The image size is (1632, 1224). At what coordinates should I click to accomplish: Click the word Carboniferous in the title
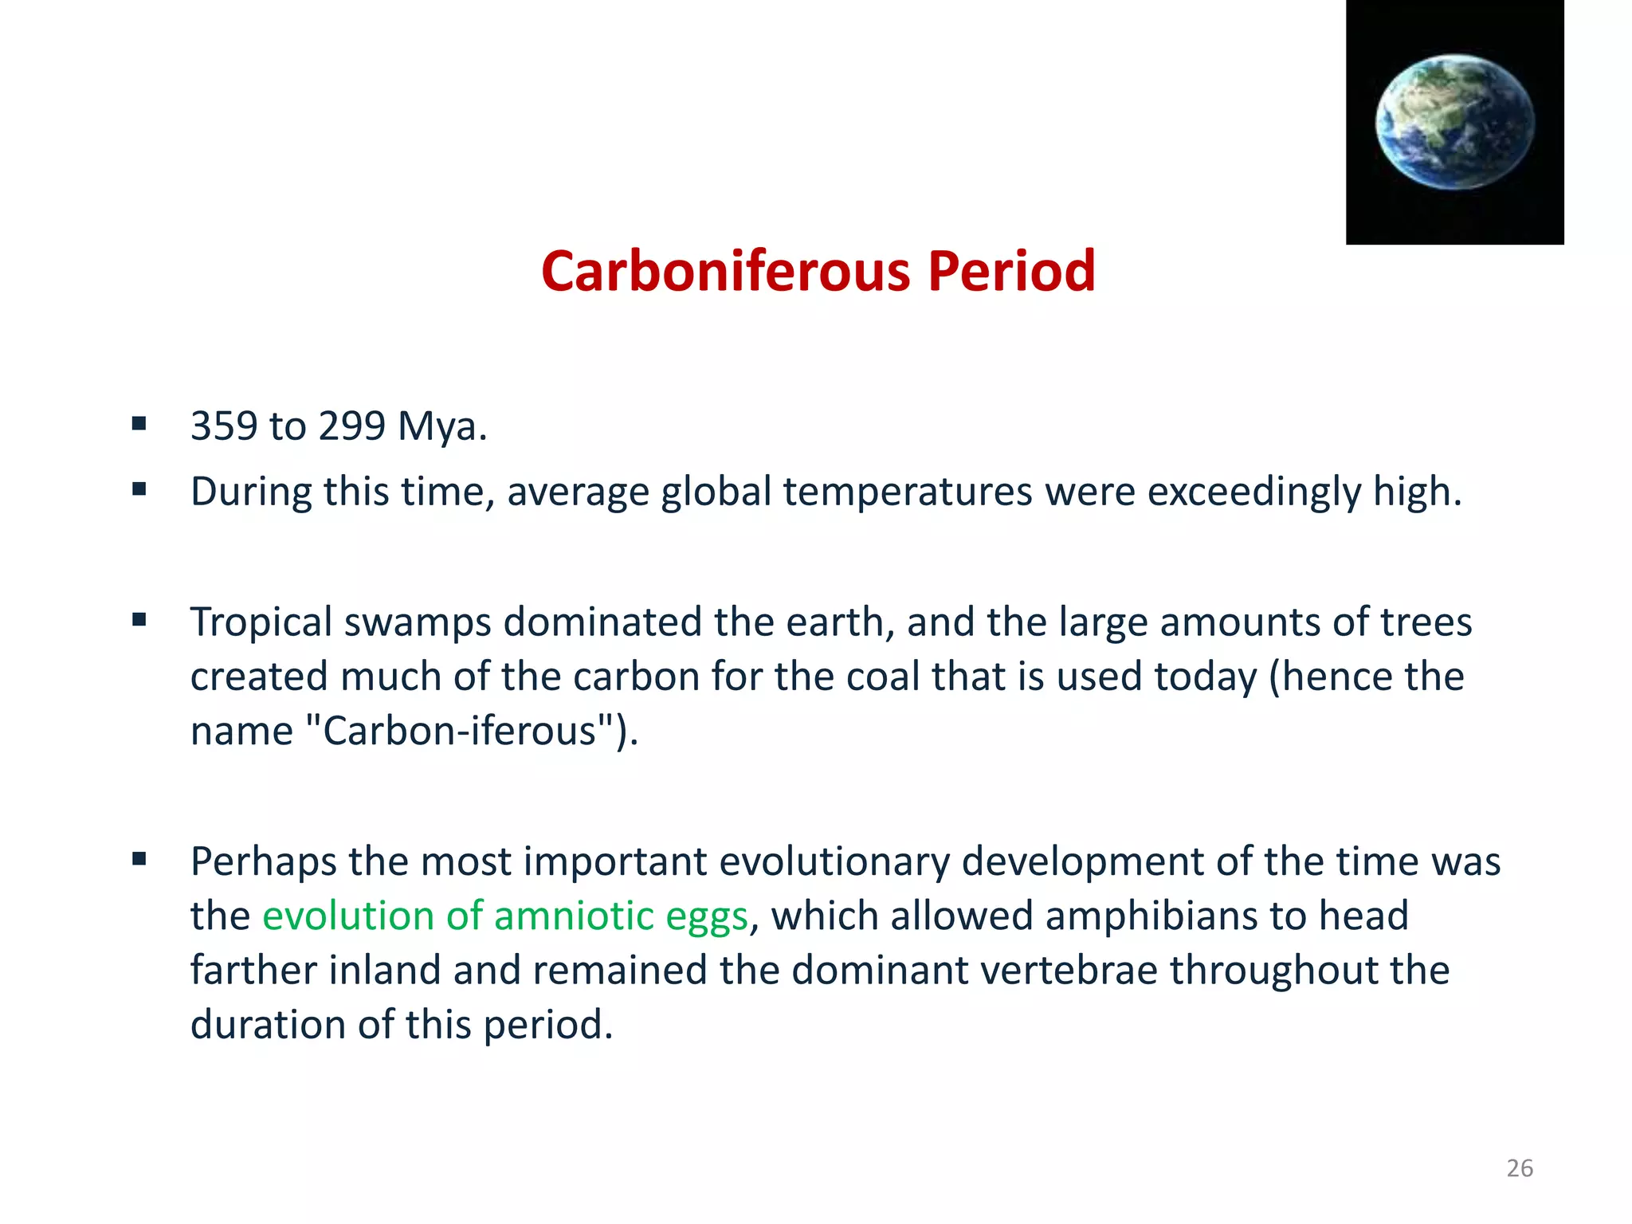click(725, 272)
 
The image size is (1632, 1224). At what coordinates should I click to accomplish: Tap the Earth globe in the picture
click(1455, 122)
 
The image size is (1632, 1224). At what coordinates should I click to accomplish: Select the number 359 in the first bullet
click(224, 426)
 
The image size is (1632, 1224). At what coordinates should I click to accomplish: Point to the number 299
click(351, 426)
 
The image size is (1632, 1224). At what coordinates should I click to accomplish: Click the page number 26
click(1520, 1168)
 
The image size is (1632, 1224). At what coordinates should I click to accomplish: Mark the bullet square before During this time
click(139, 489)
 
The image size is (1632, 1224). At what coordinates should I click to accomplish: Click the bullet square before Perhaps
click(139, 859)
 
